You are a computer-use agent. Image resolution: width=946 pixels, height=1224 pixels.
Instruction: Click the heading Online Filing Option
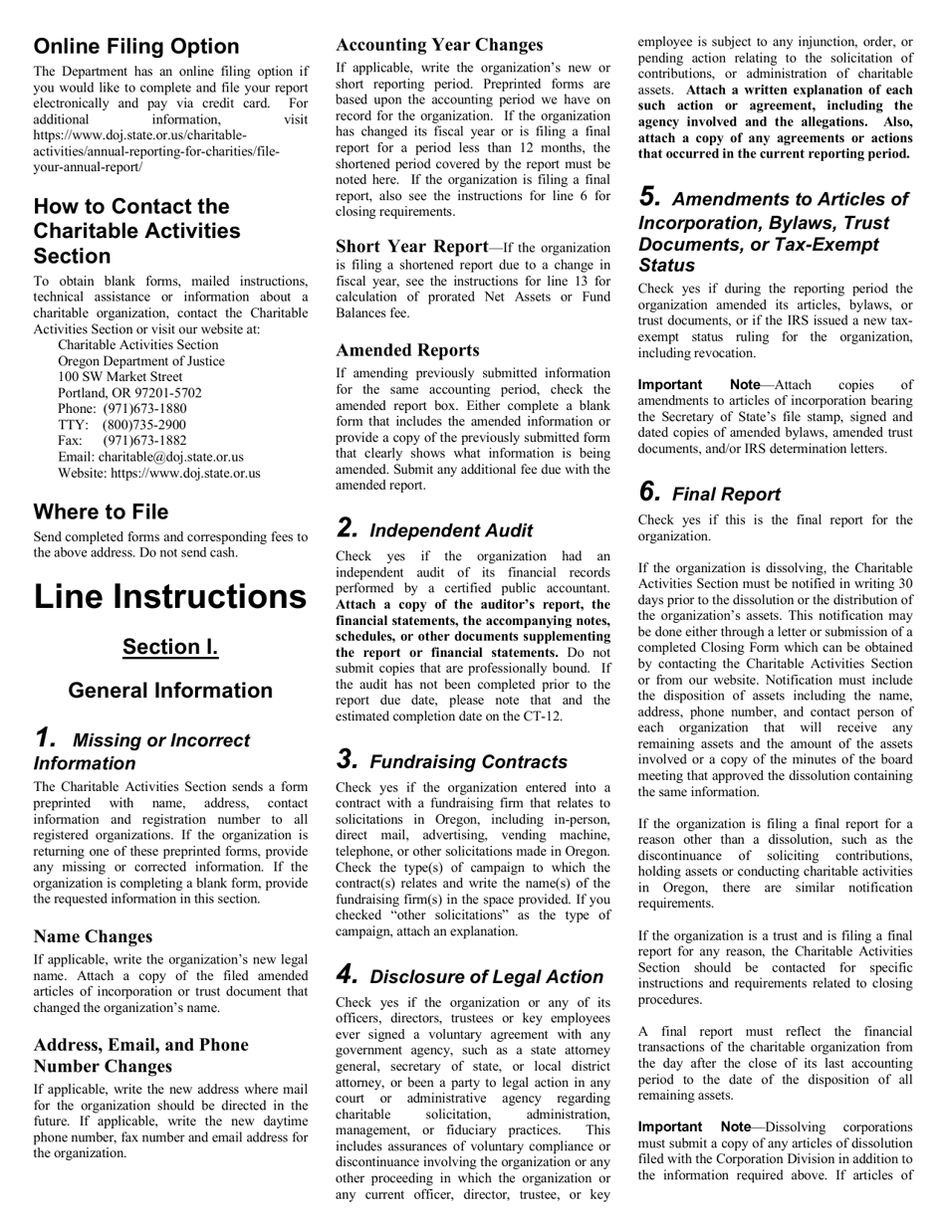click(x=136, y=47)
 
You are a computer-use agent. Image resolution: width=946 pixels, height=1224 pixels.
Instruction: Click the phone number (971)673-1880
click(x=144, y=409)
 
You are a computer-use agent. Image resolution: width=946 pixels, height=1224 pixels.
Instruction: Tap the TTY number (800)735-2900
click(x=144, y=425)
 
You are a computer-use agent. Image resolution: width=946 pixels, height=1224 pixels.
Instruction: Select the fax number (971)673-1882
click(x=144, y=441)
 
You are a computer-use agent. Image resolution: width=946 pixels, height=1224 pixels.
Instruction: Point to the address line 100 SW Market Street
click(x=120, y=377)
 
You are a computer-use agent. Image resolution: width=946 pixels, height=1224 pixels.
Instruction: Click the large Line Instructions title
click(x=170, y=596)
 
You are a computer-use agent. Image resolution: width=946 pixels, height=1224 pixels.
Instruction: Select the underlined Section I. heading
click(x=170, y=647)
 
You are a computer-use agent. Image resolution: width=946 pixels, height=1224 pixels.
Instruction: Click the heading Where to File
click(x=101, y=512)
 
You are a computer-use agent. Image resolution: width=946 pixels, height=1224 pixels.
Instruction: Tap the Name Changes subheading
click(x=93, y=936)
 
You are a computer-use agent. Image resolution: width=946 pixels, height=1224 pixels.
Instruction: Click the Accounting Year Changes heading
click(x=439, y=45)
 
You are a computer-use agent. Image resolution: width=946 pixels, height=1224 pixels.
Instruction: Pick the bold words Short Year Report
click(x=411, y=246)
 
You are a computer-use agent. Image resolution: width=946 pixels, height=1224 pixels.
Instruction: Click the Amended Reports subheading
click(x=407, y=350)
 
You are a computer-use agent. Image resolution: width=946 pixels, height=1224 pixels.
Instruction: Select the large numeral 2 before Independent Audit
click(x=346, y=528)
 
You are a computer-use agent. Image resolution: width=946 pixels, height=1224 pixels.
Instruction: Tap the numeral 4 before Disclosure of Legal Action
click(x=346, y=975)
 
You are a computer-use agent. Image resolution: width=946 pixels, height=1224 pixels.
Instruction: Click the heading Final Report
click(x=726, y=495)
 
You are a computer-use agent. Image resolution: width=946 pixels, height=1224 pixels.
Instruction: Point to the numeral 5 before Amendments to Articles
click(x=648, y=197)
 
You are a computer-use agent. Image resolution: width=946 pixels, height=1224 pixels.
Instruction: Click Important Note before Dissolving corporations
click(x=694, y=1126)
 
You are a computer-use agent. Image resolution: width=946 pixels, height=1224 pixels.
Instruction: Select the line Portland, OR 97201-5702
click(x=129, y=393)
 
